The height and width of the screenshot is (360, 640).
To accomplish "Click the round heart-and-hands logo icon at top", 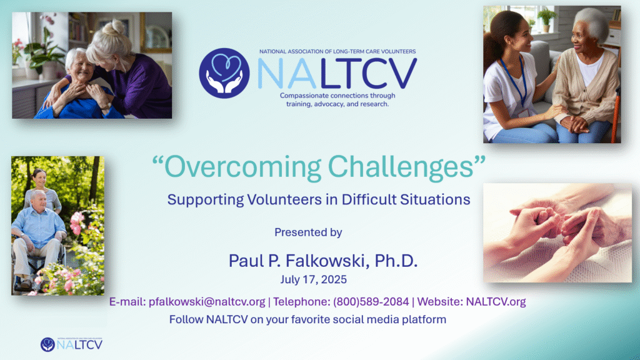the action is [224, 74].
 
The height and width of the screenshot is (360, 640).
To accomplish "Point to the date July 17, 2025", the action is [314, 279].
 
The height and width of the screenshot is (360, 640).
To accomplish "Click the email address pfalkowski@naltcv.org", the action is [207, 302].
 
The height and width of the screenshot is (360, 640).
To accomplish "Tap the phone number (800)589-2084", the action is [371, 302].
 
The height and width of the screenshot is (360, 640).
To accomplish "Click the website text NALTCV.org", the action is [496, 302].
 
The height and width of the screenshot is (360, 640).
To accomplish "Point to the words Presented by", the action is [308, 232].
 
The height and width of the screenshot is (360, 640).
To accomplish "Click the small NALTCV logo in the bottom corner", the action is [71, 344].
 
